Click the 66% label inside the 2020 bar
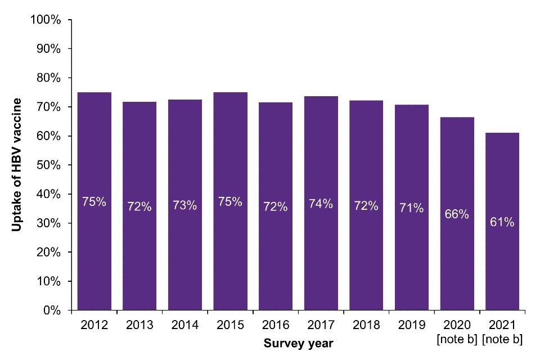point(457,215)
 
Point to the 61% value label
point(502,222)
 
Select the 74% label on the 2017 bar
point(321,204)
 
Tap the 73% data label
point(185,205)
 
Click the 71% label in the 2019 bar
point(411,208)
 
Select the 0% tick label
point(51,310)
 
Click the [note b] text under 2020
point(457,339)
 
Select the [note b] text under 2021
point(502,339)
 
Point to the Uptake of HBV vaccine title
point(17,165)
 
